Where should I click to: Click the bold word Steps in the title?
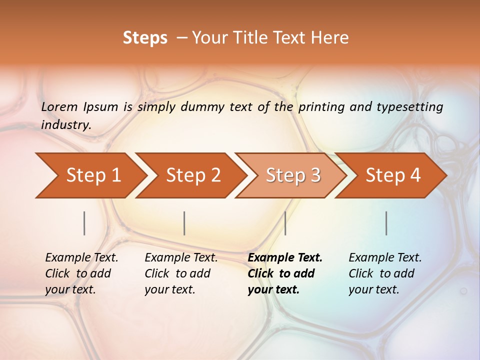pos(145,38)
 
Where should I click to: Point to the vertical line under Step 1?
pos(84,223)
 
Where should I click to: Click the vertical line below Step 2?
pos(184,223)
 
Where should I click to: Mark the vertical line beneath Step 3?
pos(285,223)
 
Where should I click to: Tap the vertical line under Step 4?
pos(386,223)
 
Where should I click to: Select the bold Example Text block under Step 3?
pos(285,273)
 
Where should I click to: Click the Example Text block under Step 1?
pos(81,273)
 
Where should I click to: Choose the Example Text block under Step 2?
pos(181,273)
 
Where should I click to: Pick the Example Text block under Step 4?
pos(385,273)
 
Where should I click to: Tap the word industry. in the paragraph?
pos(66,125)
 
